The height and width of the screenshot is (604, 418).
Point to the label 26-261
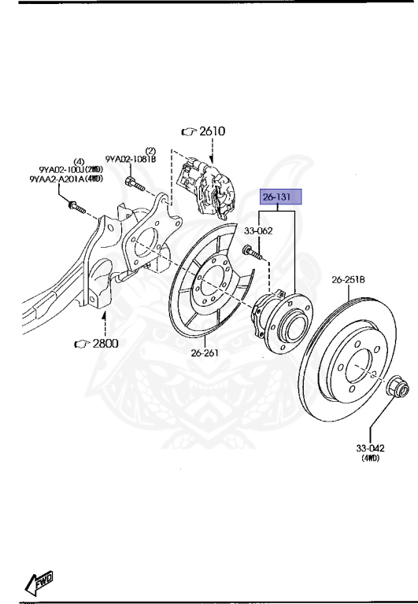click(x=204, y=352)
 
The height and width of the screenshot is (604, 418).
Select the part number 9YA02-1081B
click(x=131, y=159)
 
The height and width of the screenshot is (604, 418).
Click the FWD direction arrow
click(x=40, y=583)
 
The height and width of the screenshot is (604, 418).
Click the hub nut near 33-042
click(x=398, y=388)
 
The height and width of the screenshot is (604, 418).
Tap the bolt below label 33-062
click(x=253, y=252)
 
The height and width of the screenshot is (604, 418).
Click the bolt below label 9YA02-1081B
click(x=131, y=184)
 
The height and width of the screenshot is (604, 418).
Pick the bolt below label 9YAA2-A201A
click(x=76, y=207)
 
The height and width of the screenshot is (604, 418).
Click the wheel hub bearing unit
click(x=279, y=315)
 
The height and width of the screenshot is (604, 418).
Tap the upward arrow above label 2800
click(x=107, y=322)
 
